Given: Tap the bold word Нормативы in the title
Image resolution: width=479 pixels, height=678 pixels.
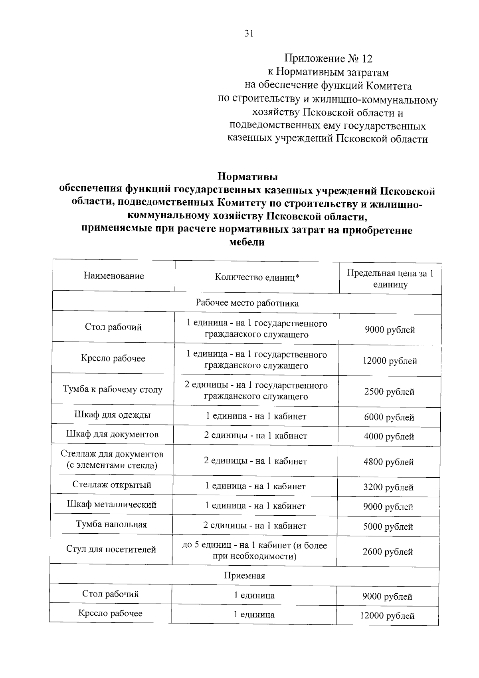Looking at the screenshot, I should [247, 176].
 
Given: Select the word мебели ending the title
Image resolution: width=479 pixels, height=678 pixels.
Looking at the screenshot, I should [247, 242].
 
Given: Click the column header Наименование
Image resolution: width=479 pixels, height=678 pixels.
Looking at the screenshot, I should [114, 276].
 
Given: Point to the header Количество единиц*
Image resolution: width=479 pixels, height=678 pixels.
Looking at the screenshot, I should [257, 277].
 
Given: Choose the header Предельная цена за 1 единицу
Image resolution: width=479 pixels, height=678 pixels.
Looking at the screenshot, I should [390, 279].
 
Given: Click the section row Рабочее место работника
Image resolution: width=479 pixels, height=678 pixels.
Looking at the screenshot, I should [247, 303].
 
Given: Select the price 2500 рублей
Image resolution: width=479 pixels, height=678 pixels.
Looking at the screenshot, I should [389, 392].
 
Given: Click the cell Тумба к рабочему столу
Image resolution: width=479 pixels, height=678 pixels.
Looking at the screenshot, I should [113, 389].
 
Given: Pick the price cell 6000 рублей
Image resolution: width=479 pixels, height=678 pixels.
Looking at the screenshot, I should [389, 417].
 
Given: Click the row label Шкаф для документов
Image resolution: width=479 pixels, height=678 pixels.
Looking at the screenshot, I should [112, 434].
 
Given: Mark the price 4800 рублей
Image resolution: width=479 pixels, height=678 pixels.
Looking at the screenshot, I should [388, 462].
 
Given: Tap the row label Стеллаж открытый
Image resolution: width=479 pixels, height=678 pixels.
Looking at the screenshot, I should [112, 485].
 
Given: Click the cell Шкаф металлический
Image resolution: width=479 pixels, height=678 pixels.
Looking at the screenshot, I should [111, 504].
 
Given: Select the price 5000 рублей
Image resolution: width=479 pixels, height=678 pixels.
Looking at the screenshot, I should [388, 527].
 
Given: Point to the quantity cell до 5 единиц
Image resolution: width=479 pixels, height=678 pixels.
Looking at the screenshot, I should [255, 550].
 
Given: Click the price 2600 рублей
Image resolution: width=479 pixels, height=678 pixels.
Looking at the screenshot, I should [388, 552].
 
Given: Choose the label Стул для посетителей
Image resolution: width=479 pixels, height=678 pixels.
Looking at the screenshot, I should [111, 549].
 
